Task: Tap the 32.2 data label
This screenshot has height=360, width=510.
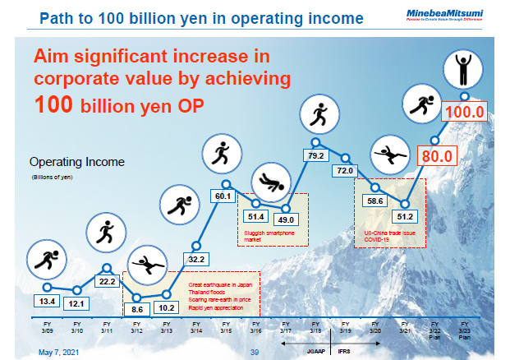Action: click(195, 259)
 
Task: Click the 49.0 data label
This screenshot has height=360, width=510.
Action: click(287, 219)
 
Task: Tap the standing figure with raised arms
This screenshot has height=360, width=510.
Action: click(461, 69)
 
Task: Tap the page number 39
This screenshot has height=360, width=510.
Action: click(255, 351)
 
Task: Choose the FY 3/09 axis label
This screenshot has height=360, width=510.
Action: click(47, 329)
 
